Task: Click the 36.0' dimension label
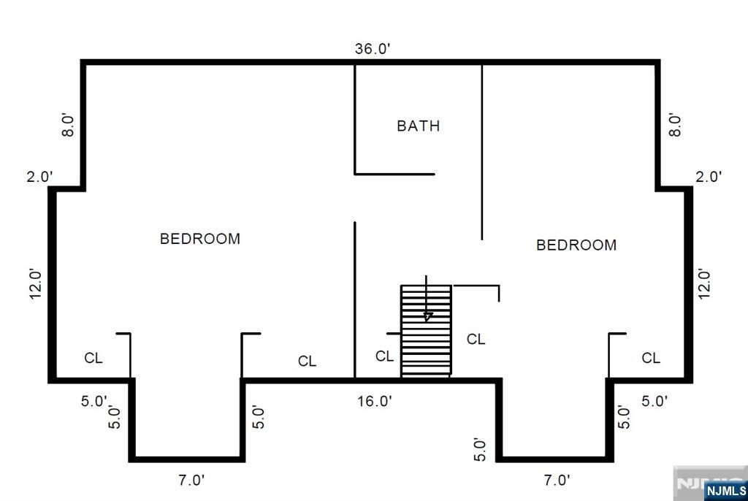pyautogui.click(x=373, y=49)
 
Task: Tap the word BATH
pyautogui.click(x=419, y=126)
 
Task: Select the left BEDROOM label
pyautogui.click(x=200, y=239)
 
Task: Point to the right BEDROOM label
pyautogui.click(x=576, y=245)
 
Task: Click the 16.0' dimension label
pyautogui.click(x=375, y=401)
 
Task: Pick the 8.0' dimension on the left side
pyautogui.click(x=68, y=126)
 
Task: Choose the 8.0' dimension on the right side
pyautogui.click(x=674, y=125)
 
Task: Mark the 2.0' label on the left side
pyautogui.click(x=39, y=177)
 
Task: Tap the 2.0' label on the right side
pyautogui.click(x=709, y=177)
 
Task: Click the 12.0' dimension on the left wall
pyautogui.click(x=37, y=284)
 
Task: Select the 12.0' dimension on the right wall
pyautogui.click(x=704, y=284)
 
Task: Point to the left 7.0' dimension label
pyautogui.click(x=191, y=480)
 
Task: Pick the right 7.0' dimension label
pyautogui.click(x=557, y=480)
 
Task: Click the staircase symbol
pyautogui.click(x=426, y=331)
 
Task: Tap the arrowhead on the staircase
pyautogui.click(x=427, y=316)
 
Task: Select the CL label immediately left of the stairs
pyautogui.click(x=384, y=356)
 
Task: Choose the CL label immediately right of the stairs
pyautogui.click(x=476, y=340)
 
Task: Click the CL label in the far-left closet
pyautogui.click(x=93, y=358)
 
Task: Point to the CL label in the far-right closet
pyautogui.click(x=651, y=358)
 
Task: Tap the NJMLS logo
pyautogui.click(x=726, y=491)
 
